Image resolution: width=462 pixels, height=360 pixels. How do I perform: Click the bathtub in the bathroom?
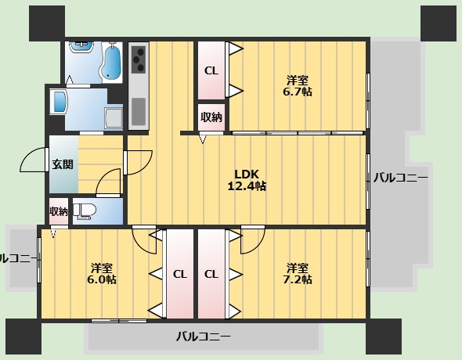click(x=110, y=61)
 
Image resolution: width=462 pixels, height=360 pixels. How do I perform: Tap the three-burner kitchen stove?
click(x=139, y=58)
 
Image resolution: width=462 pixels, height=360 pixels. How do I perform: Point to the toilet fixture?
click(x=87, y=211)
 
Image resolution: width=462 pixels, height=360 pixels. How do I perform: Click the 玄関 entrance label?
click(x=63, y=164)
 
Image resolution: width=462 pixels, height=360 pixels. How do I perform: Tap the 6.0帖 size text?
click(x=102, y=279)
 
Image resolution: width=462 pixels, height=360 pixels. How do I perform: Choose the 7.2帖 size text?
click(x=298, y=279)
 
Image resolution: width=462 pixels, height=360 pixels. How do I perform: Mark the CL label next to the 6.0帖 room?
click(x=179, y=274)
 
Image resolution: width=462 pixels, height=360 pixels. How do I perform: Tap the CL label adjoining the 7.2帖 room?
click(x=211, y=274)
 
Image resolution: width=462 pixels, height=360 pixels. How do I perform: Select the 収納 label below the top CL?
click(x=211, y=117)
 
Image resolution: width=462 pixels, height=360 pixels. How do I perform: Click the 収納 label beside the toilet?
click(x=59, y=211)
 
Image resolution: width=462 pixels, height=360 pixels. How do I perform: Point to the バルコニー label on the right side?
click(x=400, y=178)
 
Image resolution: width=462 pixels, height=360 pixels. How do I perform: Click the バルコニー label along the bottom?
click(x=203, y=337)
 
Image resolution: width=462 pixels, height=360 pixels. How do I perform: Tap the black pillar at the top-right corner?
click(x=440, y=24)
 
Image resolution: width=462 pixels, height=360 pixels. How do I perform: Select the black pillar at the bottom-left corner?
click(x=23, y=337)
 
